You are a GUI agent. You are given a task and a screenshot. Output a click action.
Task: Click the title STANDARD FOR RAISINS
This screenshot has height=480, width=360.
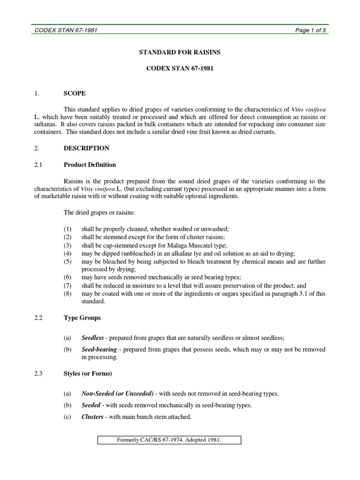point(180,52)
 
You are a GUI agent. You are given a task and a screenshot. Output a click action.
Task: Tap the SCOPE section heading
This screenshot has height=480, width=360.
point(75,93)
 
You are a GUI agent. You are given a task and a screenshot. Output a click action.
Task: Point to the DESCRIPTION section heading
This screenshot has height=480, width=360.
point(86,148)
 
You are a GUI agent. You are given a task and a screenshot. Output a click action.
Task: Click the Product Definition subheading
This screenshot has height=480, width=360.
point(90,165)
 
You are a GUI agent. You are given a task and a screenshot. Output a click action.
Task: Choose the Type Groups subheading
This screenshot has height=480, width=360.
point(82,318)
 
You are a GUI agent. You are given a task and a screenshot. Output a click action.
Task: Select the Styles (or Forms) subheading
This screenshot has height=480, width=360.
point(88,374)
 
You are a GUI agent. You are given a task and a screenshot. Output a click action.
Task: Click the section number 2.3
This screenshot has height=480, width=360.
point(38,374)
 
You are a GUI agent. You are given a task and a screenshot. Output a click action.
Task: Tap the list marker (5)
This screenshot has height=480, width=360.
point(68,262)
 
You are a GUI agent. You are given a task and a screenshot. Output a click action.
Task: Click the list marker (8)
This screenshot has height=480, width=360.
point(68,294)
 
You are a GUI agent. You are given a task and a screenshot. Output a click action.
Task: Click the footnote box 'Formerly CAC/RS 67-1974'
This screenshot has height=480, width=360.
point(169,440)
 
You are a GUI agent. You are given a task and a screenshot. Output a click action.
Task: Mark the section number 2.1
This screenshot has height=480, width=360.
point(38,165)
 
